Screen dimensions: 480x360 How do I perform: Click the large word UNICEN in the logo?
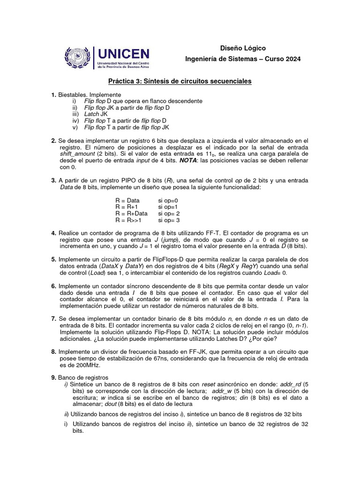[x=123, y=53]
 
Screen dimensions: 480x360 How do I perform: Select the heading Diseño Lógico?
[x=243, y=48]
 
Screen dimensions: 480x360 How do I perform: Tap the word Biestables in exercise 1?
[x=72, y=95]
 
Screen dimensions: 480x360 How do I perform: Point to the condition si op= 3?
[x=169, y=220]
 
